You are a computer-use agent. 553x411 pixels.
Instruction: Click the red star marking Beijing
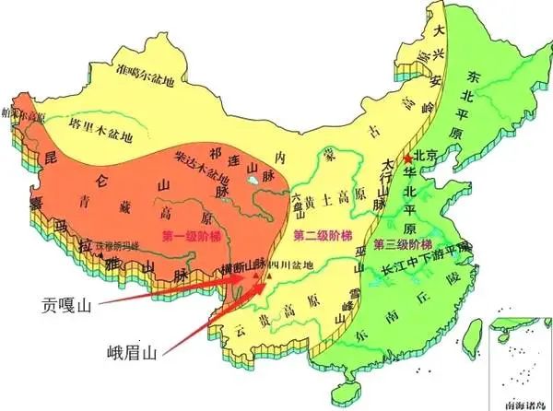coord(408,159)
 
